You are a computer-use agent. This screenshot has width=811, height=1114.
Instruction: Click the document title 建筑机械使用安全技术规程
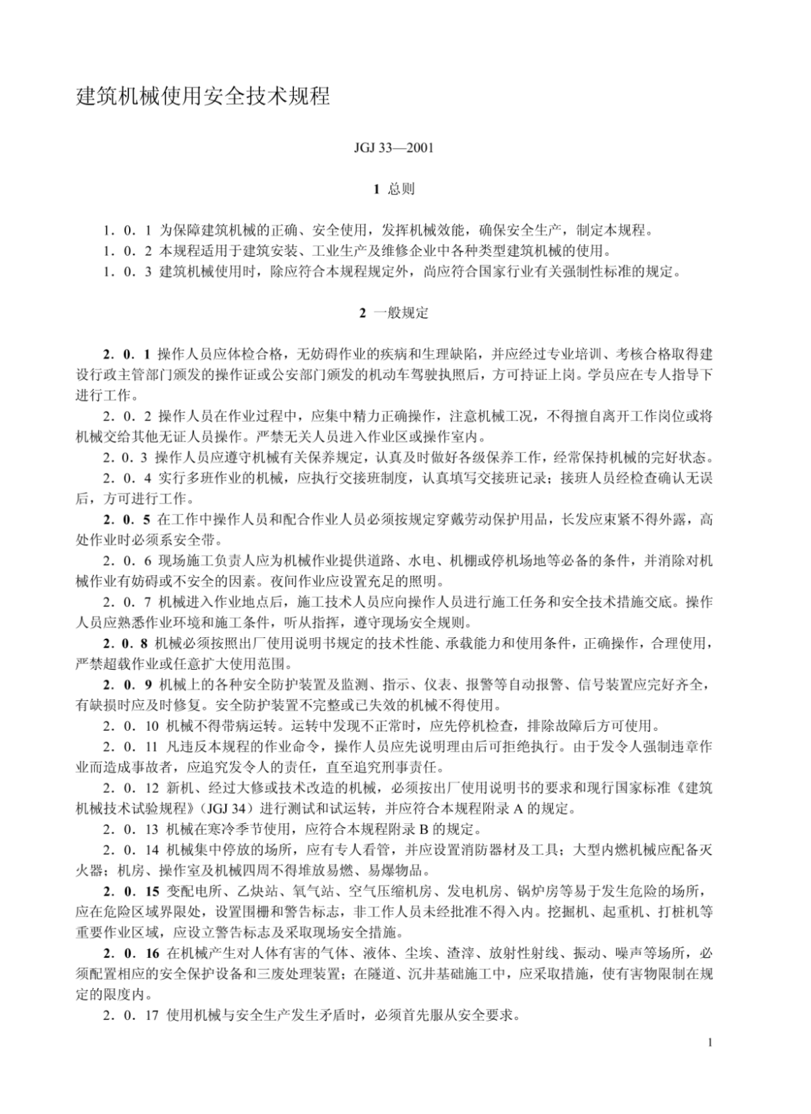point(203,97)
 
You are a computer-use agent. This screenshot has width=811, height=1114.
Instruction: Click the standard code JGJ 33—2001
point(393,148)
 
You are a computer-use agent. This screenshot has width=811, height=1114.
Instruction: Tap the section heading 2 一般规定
point(393,313)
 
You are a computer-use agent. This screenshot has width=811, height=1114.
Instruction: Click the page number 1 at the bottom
point(709,1042)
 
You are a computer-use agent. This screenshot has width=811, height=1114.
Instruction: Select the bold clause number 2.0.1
point(126,354)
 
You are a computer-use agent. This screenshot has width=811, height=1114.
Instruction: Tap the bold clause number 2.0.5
point(126,520)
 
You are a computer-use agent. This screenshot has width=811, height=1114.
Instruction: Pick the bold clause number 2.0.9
point(126,685)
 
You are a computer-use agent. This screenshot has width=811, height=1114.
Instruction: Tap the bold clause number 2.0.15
point(130,891)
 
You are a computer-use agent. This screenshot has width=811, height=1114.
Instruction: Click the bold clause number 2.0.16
point(130,953)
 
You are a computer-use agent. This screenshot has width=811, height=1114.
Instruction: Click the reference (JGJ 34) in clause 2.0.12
point(230,808)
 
